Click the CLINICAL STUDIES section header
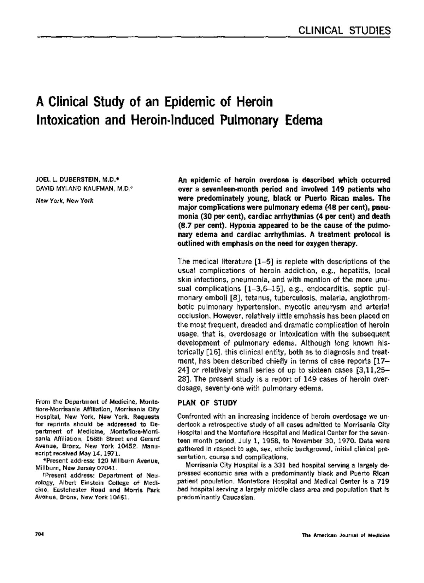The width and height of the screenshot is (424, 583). (x=344, y=30)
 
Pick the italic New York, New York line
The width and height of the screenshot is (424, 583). (x=65, y=201)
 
